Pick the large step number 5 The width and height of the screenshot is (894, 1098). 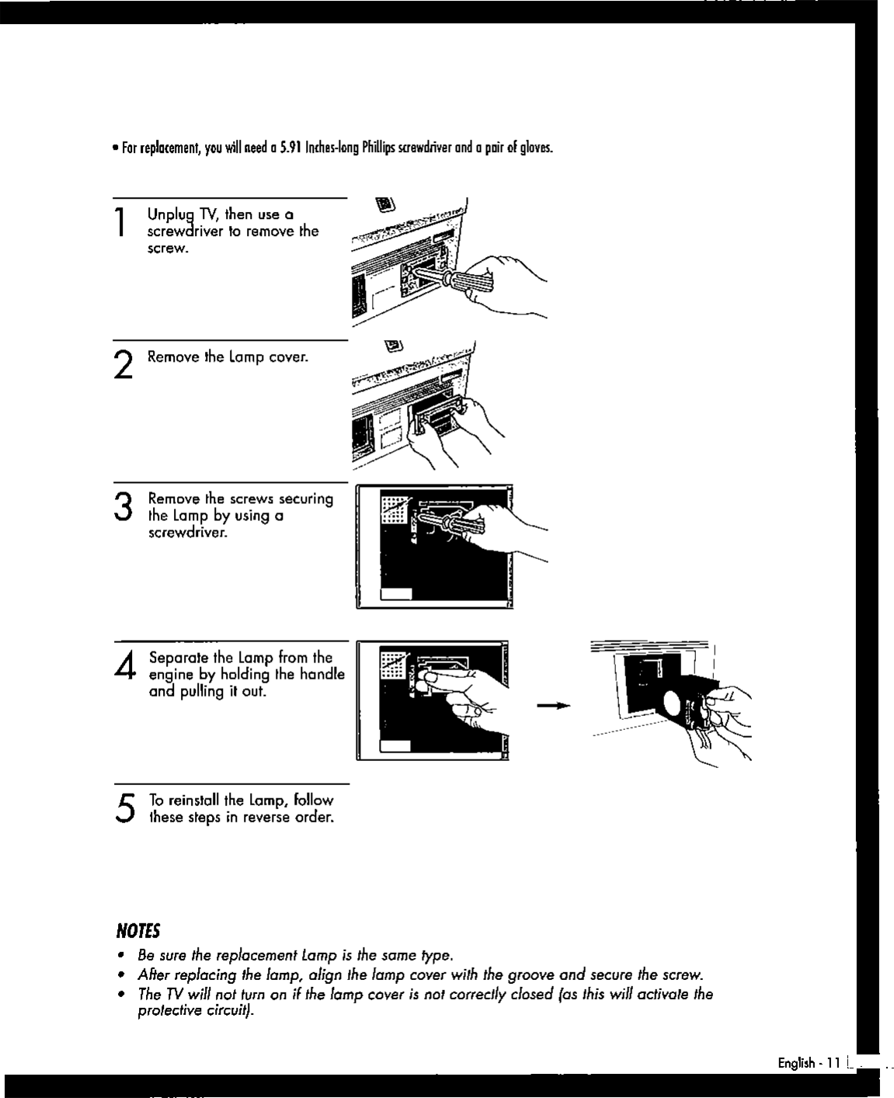pyautogui.click(x=123, y=808)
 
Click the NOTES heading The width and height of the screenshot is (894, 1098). pyautogui.click(x=137, y=931)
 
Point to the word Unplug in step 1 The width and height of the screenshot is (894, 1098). pyautogui.click(x=170, y=215)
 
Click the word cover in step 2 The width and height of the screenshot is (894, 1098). pyautogui.click(x=289, y=357)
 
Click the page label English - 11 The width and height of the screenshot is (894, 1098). pyautogui.click(x=809, y=1063)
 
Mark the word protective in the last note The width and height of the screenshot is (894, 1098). pyautogui.click(x=168, y=1011)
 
